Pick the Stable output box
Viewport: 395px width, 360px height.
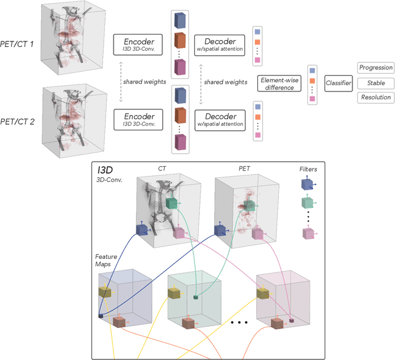375,82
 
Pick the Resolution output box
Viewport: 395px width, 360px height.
375,98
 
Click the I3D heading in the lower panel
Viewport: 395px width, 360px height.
105,169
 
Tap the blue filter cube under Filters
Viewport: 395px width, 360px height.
307,184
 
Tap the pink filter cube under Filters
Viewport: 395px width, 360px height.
307,233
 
